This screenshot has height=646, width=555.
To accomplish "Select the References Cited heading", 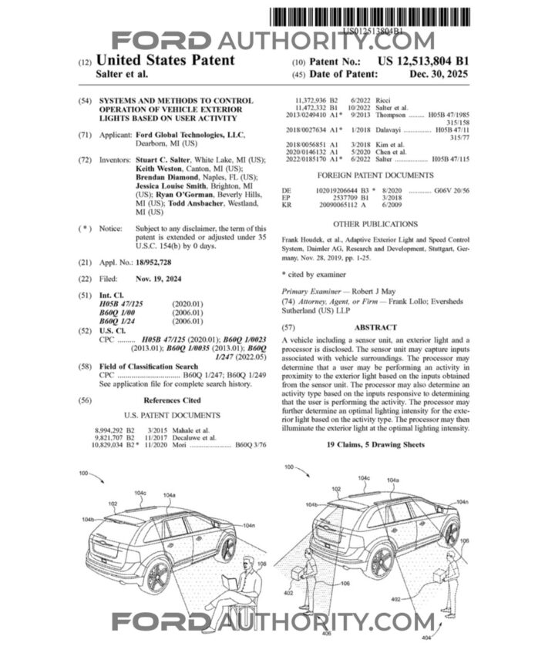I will (x=172, y=400).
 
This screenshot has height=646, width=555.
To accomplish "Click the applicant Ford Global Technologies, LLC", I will (x=190, y=135).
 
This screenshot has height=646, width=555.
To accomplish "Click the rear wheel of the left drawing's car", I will (x=157, y=577).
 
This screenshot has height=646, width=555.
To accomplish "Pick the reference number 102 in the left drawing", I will (x=113, y=504).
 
